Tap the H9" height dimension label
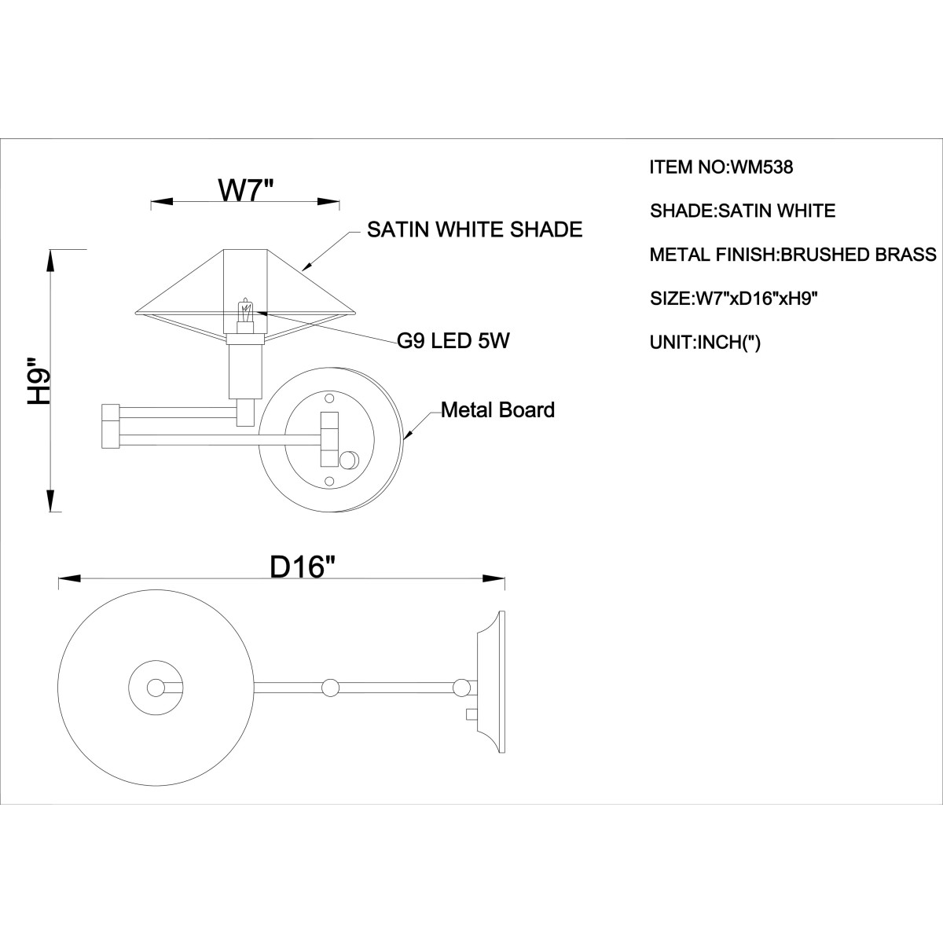(x=39, y=381)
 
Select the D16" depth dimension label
(x=304, y=567)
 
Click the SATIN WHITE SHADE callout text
(x=475, y=229)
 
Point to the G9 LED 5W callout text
(x=453, y=340)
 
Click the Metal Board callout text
(x=497, y=410)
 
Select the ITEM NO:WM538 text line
(x=721, y=167)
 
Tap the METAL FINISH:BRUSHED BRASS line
(x=793, y=255)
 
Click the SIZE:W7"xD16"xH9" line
(x=734, y=298)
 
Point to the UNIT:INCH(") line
(x=705, y=342)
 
